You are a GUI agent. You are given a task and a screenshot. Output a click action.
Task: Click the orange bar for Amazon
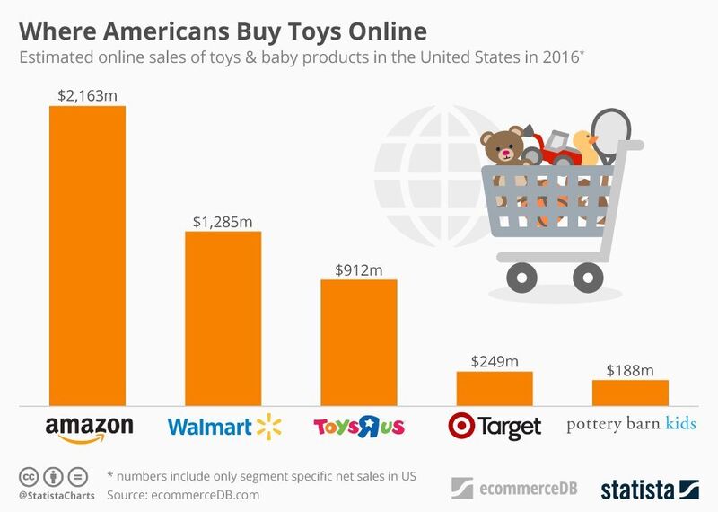pyautogui.click(x=87, y=255)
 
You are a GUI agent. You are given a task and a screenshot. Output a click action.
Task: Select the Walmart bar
pyautogui.click(x=223, y=318)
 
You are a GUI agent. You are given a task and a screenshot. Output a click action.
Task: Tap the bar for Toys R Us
pyautogui.click(x=359, y=342)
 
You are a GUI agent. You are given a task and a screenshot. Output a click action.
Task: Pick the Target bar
pyautogui.click(x=495, y=388)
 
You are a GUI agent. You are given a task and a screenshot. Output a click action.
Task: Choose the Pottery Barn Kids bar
pyautogui.click(x=630, y=393)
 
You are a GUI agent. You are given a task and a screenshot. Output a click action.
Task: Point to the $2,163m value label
pyautogui.click(x=87, y=93)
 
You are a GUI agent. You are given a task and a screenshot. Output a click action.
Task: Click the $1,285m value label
pyautogui.click(x=223, y=219)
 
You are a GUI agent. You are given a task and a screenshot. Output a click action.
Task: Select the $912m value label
pyautogui.click(x=359, y=268)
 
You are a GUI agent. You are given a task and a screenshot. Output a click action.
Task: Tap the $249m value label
pyautogui.click(x=495, y=360)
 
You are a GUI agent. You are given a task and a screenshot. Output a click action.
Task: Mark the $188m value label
pyautogui.click(x=630, y=368)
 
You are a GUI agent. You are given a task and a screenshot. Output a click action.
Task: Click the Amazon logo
pyautogui.click(x=88, y=427)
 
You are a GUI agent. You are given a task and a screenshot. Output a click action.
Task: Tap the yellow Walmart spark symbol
pyautogui.click(x=264, y=426)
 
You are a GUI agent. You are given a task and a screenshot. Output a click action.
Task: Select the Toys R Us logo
pyautogui.click(x=359, y=426)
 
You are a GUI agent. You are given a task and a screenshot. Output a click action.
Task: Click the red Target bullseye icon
pyautogui.click(x=461, y=425)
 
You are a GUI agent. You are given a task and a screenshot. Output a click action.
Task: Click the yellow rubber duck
pyautogui.click(x=584, y=146)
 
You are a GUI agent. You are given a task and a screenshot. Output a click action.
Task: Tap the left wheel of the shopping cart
pyautogui.click(x=521, y=276)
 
